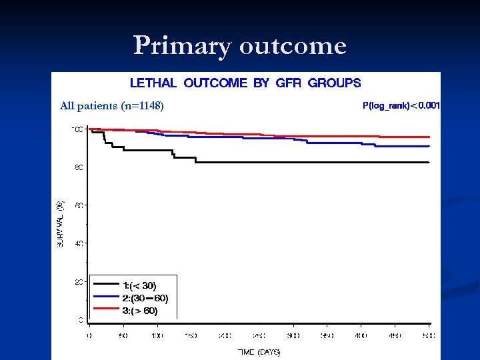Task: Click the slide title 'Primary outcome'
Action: pyautogui.click(x=240, y=46)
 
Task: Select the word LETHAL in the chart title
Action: pyautogui.click(x=153, y=83)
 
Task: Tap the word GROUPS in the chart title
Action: pyautogui.click(x=334, y=83)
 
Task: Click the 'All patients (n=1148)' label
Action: pyautogui.click(x=111, y=105)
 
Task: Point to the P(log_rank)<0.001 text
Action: pyautogui.click(x=401, y=105)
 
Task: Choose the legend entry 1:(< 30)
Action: pyautogui.click(x=139, y=285)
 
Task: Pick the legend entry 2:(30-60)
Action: pyautogui.click(x=145, y=297)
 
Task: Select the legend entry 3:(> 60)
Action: pyautogui.click(x=140, y=310)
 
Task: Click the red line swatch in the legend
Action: pyautogui.click(x=106, y=310)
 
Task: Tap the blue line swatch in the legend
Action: pyautogui.click(x=106, y=297)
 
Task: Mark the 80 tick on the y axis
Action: pyautogui.click(x=79, y=168)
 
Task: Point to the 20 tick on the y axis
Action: pyautogui.click(x=79, y=282)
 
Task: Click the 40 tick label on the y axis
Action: pyautogui.click(x=79, y=244)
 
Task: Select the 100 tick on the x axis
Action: pyautogui.click(x=157, y=335)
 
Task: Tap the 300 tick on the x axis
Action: pyautogui.click(x=293, y=335)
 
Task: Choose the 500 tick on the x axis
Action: pyautogui.click(x=429, y=335)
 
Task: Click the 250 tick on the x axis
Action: pyautogui.click(x=259, y=335)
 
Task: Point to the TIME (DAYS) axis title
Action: pyautogui.click(x=259, y=351)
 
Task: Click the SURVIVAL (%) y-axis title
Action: pyautogui.click(x=60, y=224)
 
